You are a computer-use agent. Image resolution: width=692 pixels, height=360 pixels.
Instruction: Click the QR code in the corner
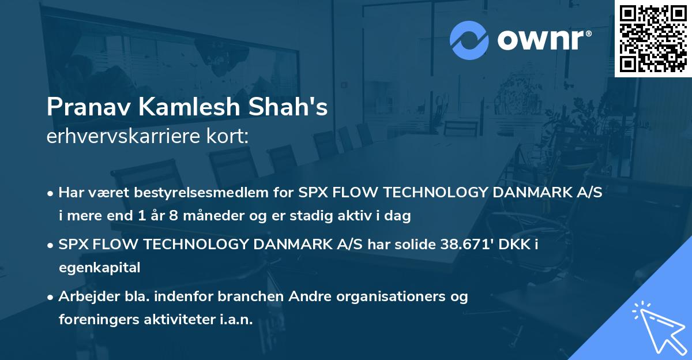[x=653, y=38]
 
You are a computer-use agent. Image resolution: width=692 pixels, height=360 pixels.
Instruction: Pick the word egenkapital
[x=99, y=268]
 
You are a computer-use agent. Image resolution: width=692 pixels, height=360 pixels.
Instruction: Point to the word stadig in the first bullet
[x=328, y=216]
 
